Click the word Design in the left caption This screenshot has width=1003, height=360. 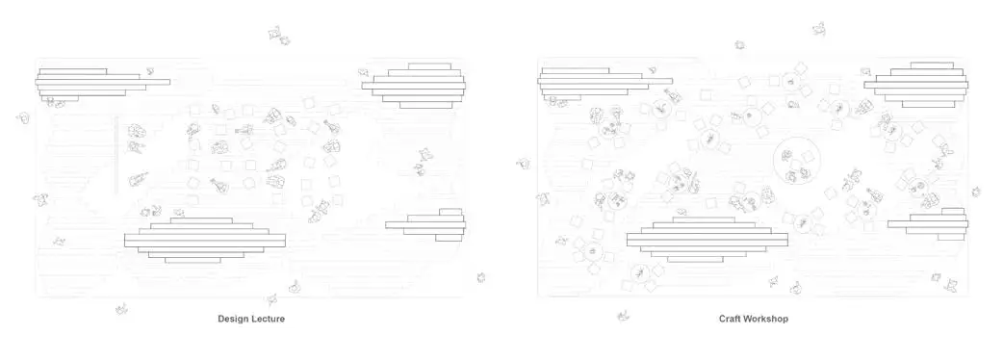click(233, 319)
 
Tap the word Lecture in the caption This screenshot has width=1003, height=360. click(268, 319)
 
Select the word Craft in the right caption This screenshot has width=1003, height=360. click(731, 319)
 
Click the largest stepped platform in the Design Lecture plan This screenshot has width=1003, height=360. click(205, 241)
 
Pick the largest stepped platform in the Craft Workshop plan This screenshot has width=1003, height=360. click(707, 241)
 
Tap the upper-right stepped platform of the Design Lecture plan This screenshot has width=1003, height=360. click(414, 85)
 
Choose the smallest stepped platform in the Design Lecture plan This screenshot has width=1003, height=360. click(425, 225)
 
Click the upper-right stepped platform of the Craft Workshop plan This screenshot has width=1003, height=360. click(916, 85)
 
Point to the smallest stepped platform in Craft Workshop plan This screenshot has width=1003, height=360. click(928, 225)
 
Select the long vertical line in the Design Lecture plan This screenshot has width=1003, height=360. click(116, 154)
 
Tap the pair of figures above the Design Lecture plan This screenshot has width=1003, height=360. click(279, 36)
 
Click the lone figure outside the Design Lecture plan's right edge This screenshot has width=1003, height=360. click(480, 277)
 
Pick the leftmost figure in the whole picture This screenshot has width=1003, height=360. click(23, 118)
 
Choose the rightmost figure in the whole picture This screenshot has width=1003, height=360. click(976, 192)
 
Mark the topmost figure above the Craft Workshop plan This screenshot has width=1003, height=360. click(819, 29)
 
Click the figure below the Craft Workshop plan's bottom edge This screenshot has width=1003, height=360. click(623, 316)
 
